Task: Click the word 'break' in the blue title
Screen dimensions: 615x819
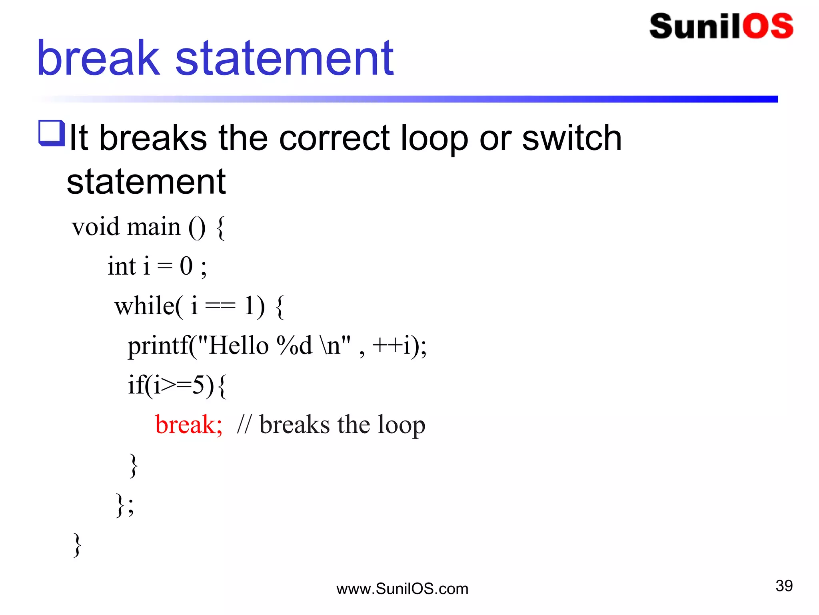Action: click(98, 58)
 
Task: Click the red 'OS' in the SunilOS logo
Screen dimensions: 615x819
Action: click(768, 26)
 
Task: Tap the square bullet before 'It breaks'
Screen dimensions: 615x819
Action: click(51, 133)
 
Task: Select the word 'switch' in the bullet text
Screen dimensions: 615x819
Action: click(571, 138)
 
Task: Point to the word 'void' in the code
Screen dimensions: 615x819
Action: click(96, 227)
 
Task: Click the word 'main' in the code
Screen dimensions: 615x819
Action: click(154, 227)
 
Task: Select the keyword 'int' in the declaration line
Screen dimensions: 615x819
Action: click(122, 266)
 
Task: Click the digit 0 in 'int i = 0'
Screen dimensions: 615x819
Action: click(186, 266)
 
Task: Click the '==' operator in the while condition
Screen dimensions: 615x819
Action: click(220, 307)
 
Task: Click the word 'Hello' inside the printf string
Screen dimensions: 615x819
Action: click(239, 346)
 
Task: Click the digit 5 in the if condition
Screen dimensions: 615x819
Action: click(198, 385)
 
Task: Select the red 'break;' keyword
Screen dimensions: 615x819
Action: click(188, 425)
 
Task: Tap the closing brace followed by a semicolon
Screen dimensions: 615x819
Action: click(124, 505)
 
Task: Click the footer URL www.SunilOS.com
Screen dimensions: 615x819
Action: click(402, 589)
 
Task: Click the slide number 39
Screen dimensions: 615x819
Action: click(784, 586)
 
